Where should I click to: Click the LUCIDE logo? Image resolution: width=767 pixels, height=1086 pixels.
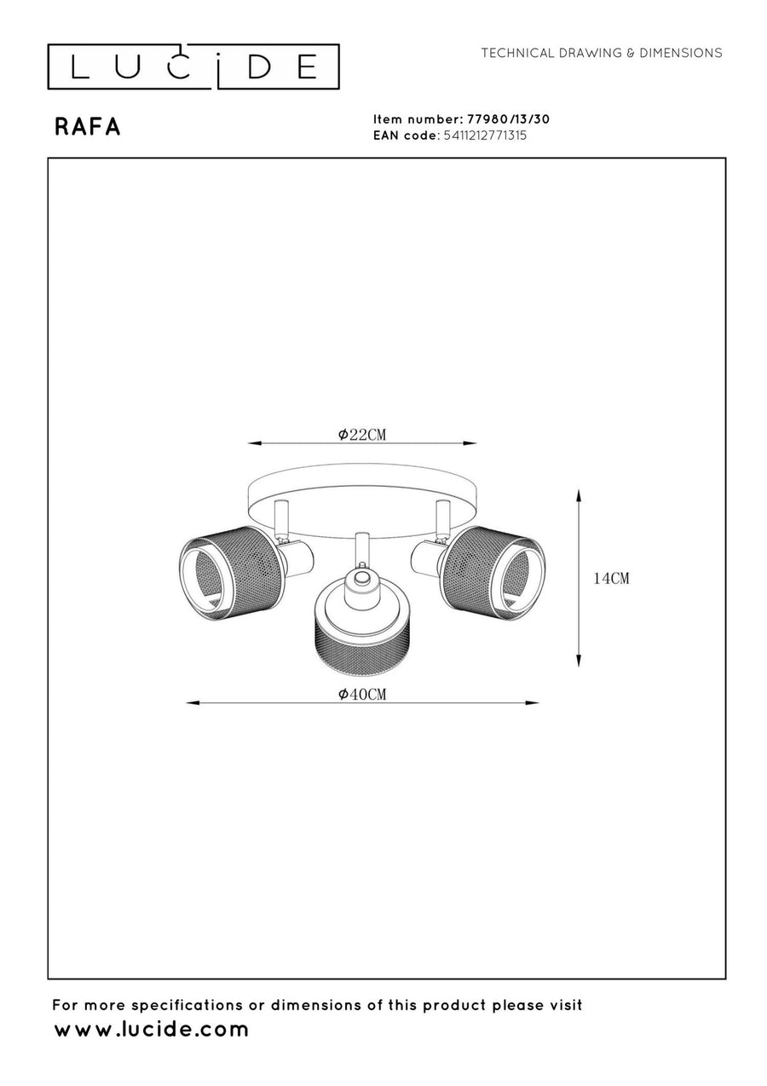coord(193,66)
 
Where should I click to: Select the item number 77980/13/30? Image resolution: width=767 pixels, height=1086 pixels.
coord(508,119)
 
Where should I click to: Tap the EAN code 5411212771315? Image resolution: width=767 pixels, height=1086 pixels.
coord(485,136)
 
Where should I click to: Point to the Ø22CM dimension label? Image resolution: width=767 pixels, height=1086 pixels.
coord(361,435)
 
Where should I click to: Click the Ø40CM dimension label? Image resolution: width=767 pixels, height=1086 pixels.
coord(361,694)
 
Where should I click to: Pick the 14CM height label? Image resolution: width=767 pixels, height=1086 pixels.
coord(611,578)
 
